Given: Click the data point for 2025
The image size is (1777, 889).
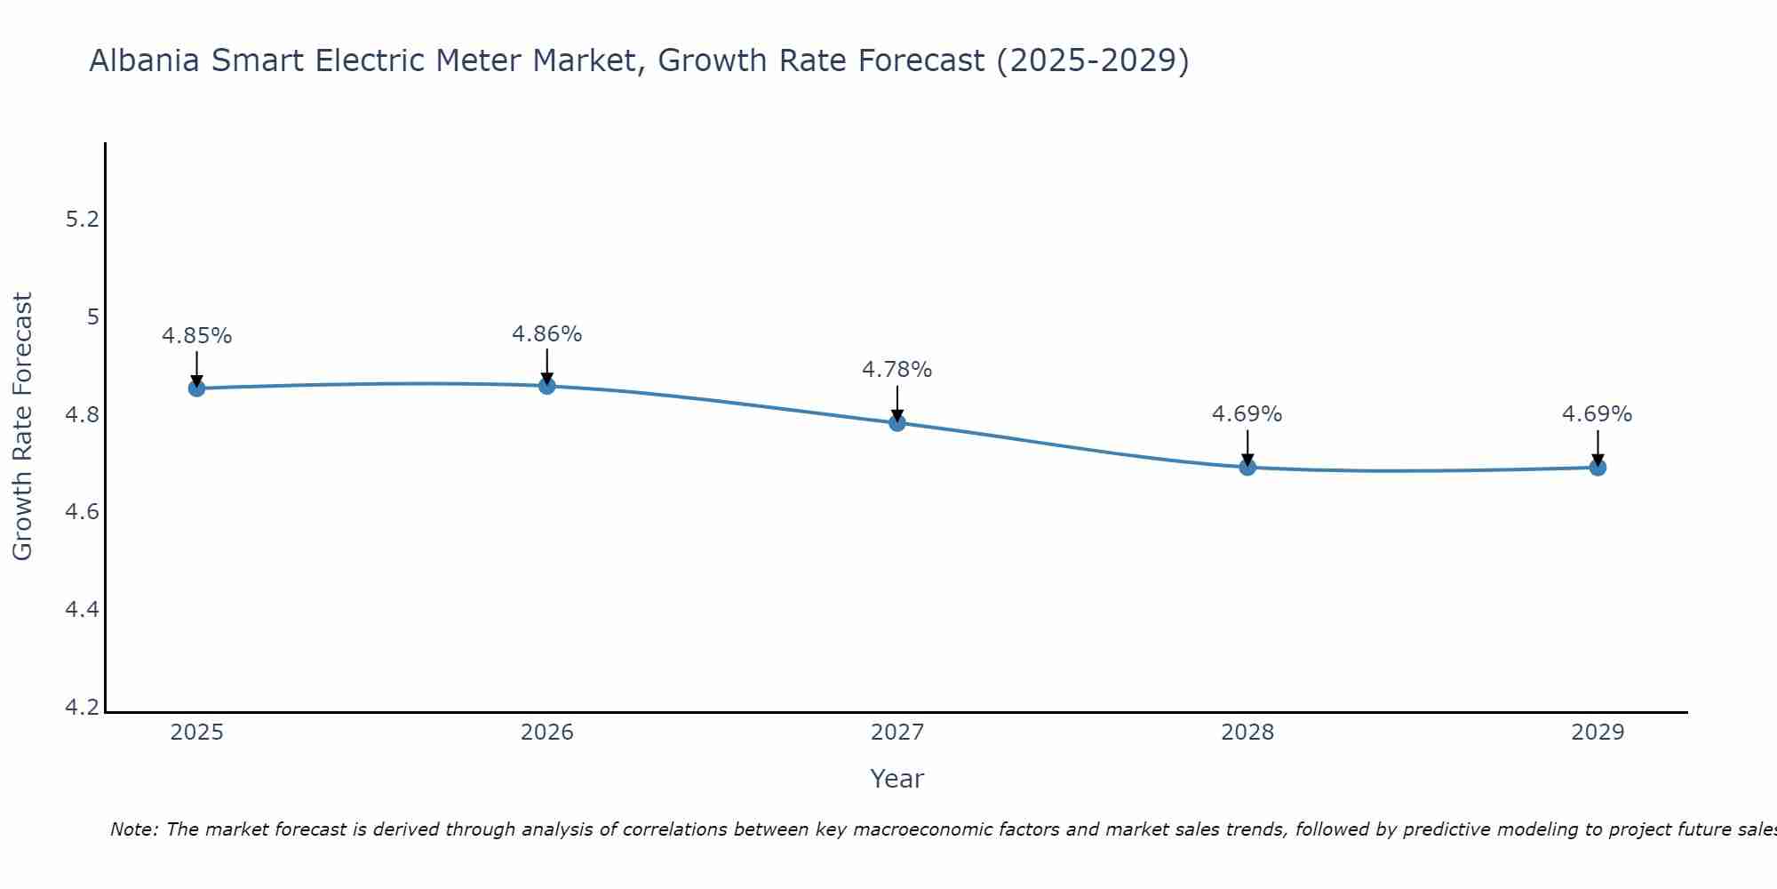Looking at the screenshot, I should click(x=196, y=388).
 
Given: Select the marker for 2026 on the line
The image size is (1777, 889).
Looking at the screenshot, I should click(x=547, y=386).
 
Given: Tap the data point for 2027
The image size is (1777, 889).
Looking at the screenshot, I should click(x=897, y=423).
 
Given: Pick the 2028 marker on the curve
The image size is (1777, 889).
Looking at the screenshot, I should click(x=1247, y=468).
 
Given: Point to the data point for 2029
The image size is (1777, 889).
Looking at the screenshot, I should click(x=1598, y=468).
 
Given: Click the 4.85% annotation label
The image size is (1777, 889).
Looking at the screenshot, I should click(x=196, y=336).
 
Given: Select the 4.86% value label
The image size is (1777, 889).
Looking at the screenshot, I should click(x=547, y=334).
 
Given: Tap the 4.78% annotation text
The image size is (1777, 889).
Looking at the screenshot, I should click(x=897, y=370).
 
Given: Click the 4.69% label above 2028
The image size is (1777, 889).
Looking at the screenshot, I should click(x=1247, y=414).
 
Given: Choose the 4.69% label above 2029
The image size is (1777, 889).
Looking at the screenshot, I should click(x=1598, y=414).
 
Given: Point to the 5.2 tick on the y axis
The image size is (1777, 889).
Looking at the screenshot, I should click(x=83, y=220).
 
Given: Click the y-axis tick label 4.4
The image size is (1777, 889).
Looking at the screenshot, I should click(x=83, y=610).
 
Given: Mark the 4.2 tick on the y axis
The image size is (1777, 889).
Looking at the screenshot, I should click(x=83, y=708).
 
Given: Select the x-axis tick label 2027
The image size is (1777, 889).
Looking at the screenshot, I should click(x=897, y=733).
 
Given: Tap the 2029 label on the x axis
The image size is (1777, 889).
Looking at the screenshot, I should click(x=1598, y=733).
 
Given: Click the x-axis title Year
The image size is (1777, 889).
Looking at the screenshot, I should click(x=897, y=779).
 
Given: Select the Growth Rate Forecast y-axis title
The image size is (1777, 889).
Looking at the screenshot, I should click(x=22, y=427).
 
